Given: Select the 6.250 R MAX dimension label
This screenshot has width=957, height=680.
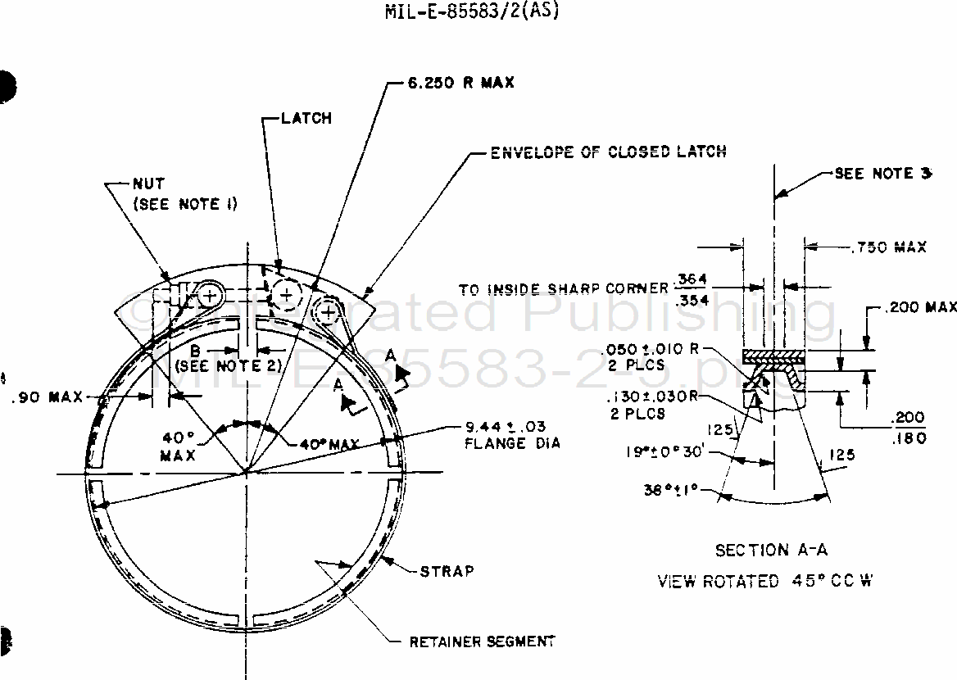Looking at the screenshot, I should [460, 83].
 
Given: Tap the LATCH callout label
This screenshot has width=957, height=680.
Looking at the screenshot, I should [306, 118].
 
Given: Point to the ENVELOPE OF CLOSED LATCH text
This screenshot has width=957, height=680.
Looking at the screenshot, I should [607, 152].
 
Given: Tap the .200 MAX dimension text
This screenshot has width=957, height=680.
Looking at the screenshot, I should [921, 307].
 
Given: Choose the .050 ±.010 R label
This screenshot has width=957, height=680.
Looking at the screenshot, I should [653, 347].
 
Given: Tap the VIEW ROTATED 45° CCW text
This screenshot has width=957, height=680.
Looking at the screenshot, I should [767, 582].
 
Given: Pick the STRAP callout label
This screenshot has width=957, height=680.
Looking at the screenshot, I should [447, 570].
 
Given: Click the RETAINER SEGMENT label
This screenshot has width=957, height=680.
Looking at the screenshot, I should [483, 641].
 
